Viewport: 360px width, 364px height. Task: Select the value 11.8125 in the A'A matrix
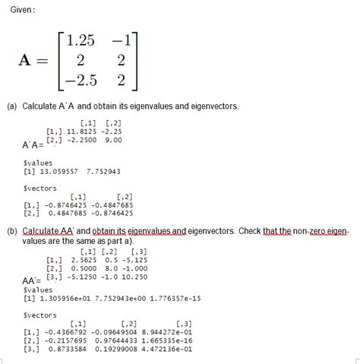[81, 131]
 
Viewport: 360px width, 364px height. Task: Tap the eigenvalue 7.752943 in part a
[104, 172]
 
